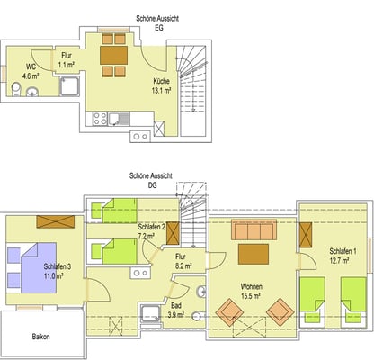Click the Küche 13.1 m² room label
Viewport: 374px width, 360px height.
(161, 85)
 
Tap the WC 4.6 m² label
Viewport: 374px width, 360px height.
(31, 71)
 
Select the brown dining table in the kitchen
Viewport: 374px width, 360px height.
(114, 55)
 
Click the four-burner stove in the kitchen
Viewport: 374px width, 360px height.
(100, 119)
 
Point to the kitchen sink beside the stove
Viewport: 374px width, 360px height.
(120, 119)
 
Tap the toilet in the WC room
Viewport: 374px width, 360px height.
(16, 90)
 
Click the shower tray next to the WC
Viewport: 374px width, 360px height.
(69, 86)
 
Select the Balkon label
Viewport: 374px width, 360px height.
(41, 337)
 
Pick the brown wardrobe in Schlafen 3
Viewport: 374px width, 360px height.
(56, 221)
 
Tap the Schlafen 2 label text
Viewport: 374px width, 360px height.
(151, 227)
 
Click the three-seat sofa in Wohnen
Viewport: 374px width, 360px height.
(254, 229)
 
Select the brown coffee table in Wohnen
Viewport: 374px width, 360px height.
(254, 254)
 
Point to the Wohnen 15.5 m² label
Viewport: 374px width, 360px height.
(251, 291)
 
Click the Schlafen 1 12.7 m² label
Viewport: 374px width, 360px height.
(339, 256)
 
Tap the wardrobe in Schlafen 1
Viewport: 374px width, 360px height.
(306, 235)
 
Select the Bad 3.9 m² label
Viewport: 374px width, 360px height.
(175, 310)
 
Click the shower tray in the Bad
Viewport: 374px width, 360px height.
(151, 313)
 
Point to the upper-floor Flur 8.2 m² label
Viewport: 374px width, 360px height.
(183, 261)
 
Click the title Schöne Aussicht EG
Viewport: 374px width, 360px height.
(157, 23)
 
